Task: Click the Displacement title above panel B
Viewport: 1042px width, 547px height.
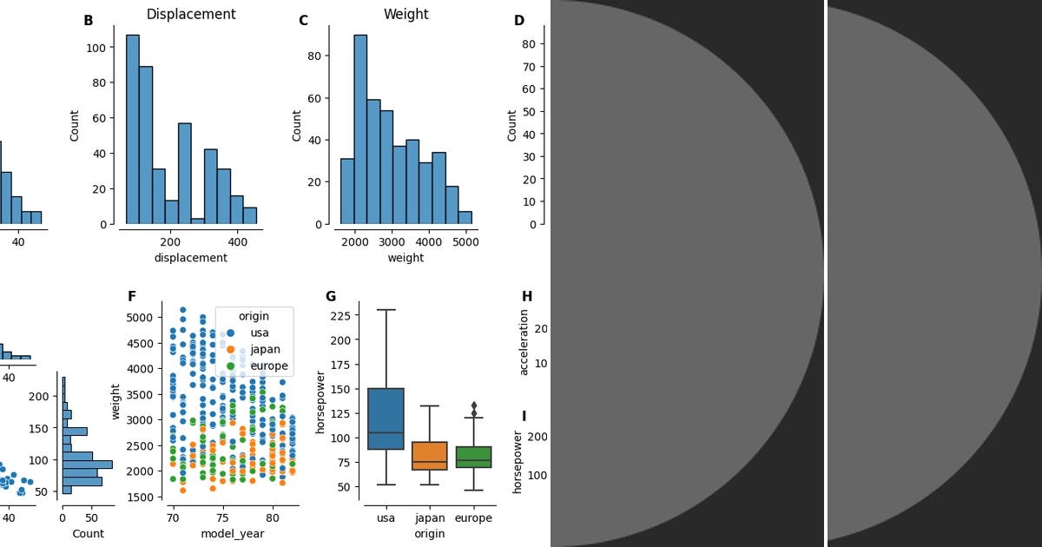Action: click(190, 15)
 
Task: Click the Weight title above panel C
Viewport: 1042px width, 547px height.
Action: click(406, 15)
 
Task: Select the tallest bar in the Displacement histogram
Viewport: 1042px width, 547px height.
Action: click(132, 130)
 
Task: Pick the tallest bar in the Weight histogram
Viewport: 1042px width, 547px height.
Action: click(359, 130)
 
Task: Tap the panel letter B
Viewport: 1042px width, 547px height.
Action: click(88, 21)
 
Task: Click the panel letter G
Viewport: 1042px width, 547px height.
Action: click(330, 296)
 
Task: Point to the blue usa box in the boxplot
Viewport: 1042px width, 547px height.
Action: click(386, 418)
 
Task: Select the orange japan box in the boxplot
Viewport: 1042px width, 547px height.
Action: click(429, 456)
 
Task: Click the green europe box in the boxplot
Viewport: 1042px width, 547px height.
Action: click(473, 458)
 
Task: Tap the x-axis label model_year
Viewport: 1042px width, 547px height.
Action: click(232, 533)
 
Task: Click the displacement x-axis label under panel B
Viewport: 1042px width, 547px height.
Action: click(190, 258)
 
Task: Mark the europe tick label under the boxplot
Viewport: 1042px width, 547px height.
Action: click(473, 518)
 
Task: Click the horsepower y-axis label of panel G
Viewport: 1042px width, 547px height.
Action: click(320, 402)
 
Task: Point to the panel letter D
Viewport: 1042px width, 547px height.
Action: click(519, 21)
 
